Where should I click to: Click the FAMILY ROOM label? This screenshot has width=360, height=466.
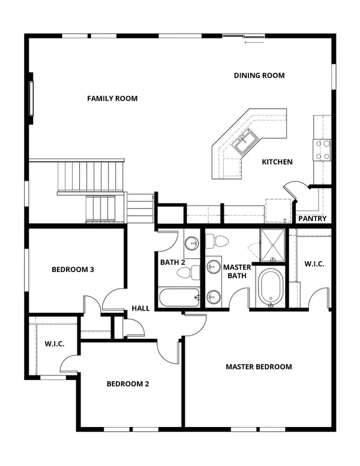(x=112, y=98)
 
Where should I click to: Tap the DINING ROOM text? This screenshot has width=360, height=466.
(x=259, y=76)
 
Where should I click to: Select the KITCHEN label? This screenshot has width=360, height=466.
(x=277, y=162)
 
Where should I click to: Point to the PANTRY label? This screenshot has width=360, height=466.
(x=313, y=219)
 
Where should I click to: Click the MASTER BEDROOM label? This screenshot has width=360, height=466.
(x=259, y=367)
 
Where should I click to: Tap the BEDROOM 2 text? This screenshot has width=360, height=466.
(x=127, y=384)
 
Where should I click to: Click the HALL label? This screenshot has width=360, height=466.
(x=140, y=309)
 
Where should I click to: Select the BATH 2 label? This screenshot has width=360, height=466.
(x=172, y=262)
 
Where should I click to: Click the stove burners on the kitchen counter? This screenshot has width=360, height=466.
(x=322, y=149)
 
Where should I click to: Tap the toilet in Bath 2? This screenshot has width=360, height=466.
(x=185, y=273)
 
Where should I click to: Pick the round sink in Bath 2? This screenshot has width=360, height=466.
(x=191, y=244)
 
